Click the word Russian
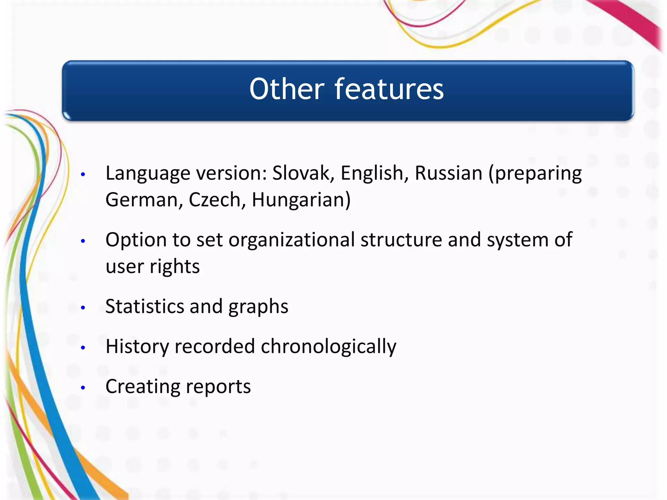click(448, 173)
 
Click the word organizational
click(291, 240)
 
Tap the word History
click(137, 346)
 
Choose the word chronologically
click(328, 346)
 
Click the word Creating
click(143, 387)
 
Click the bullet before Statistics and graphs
click(83, 308)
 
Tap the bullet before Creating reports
click(83, 388)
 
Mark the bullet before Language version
click(83, 174)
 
